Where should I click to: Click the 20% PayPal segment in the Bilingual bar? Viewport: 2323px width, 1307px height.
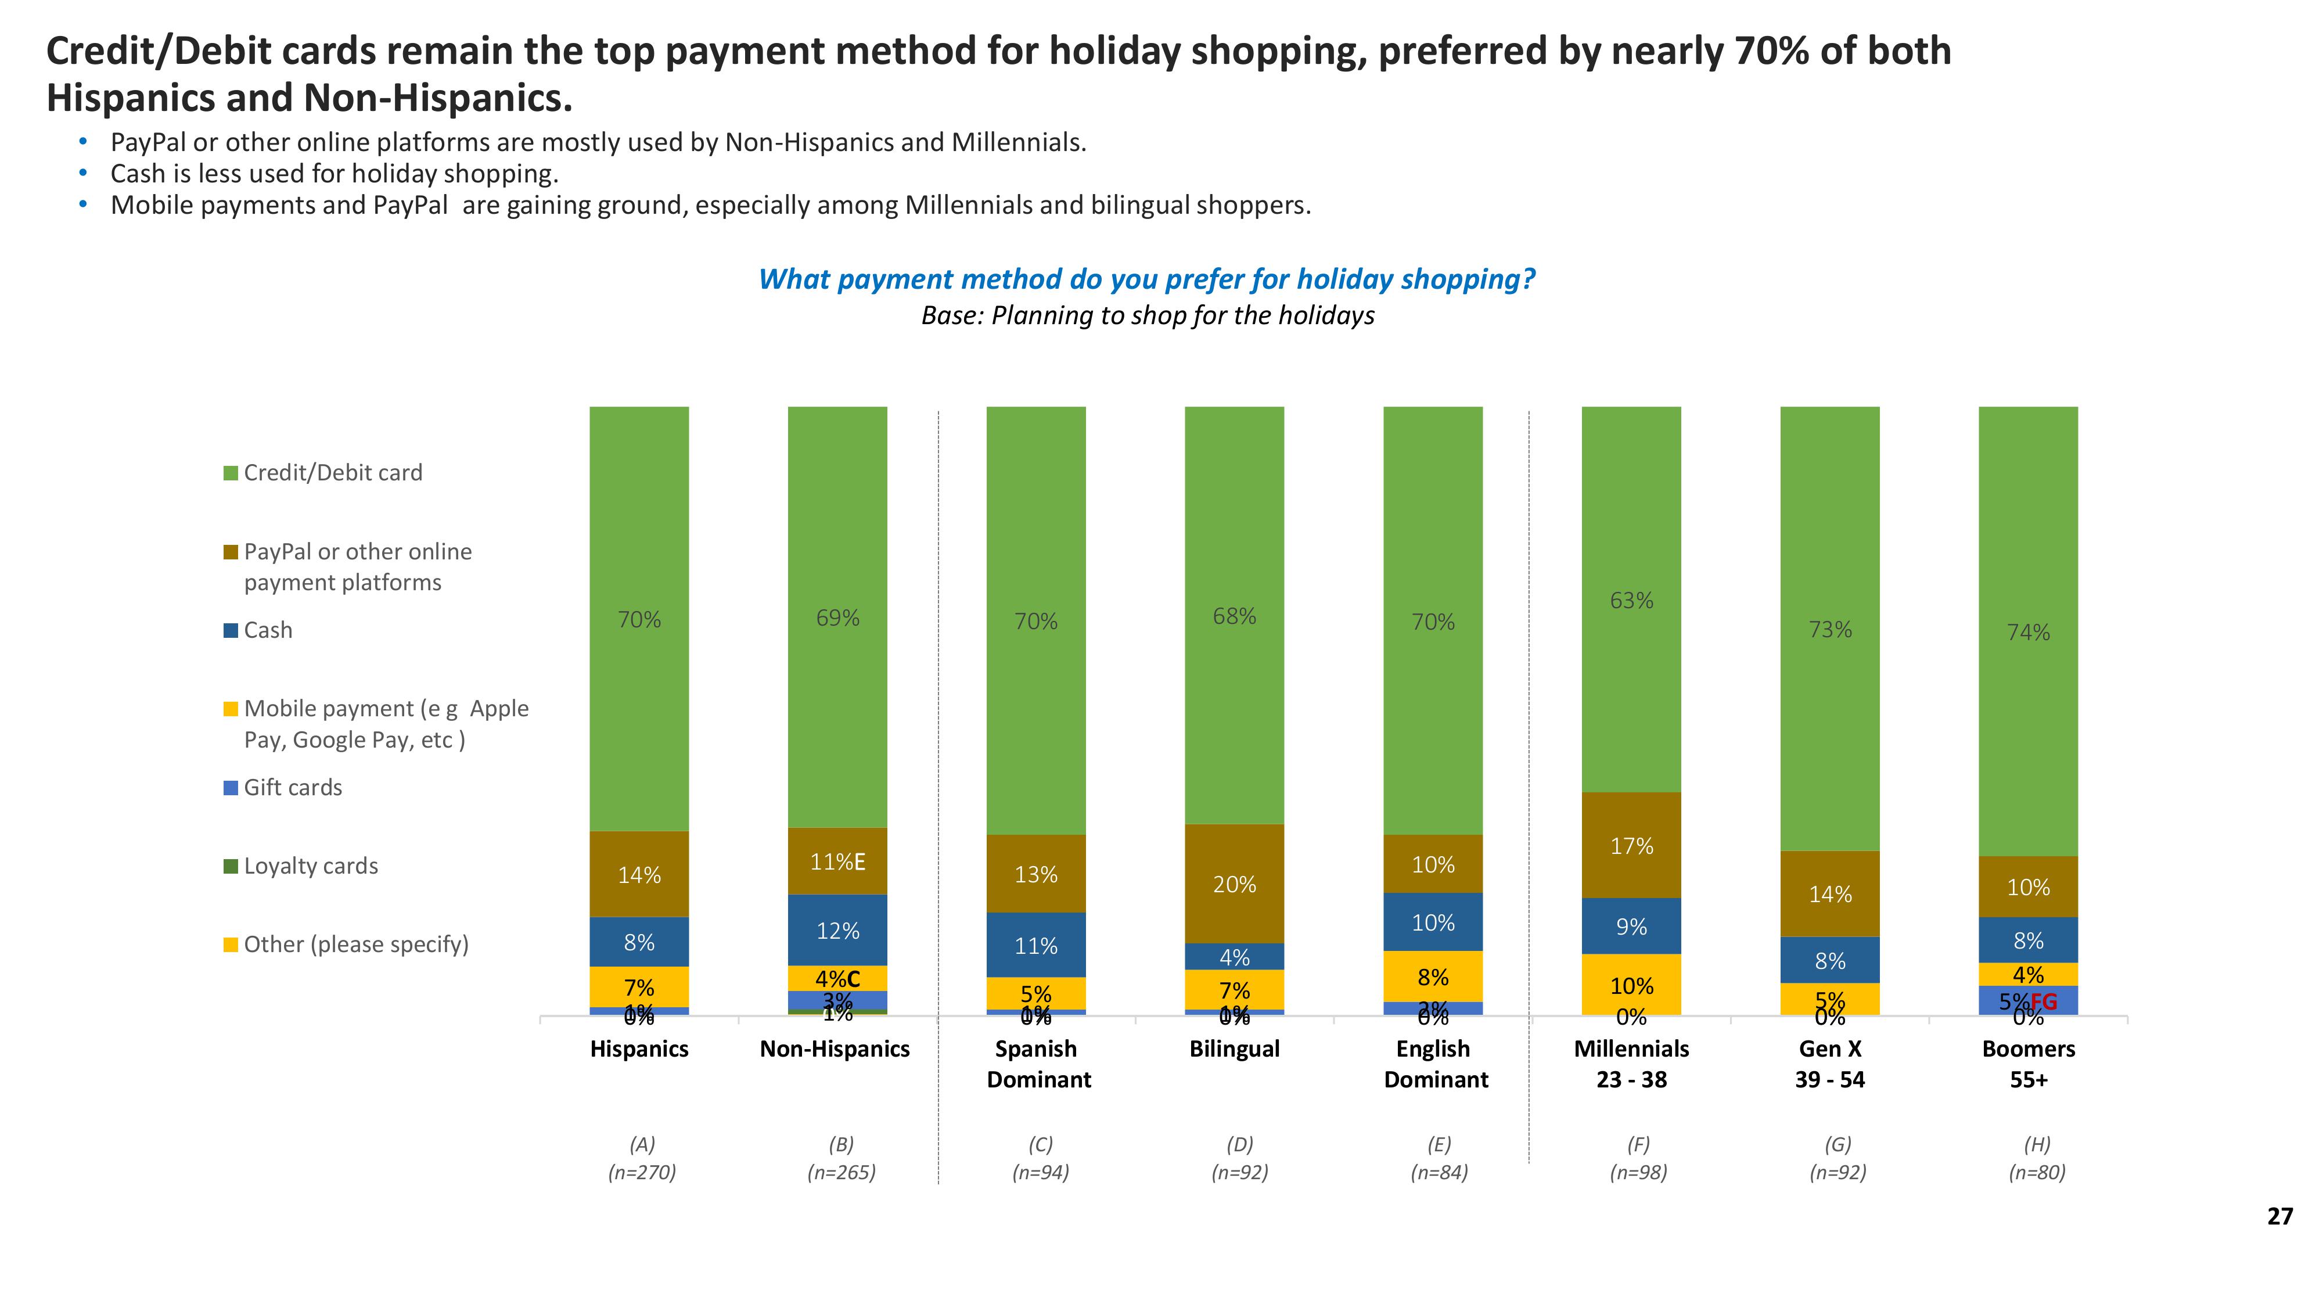[1234, 884]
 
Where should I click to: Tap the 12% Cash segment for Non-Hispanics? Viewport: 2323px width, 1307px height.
[837, 930]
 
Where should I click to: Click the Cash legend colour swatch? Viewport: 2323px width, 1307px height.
[231, 630]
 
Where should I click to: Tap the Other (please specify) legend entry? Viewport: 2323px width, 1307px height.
[355, 945]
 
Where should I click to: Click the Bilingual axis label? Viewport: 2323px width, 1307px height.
[1234, 1049]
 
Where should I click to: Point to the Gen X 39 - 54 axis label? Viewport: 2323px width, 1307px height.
[1830, 1064]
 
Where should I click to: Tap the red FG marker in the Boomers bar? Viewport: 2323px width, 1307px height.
[2044, 1001]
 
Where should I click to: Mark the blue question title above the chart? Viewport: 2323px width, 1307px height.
[1146, 279]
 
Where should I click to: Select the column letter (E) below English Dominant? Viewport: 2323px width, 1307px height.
[1439, 1144]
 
